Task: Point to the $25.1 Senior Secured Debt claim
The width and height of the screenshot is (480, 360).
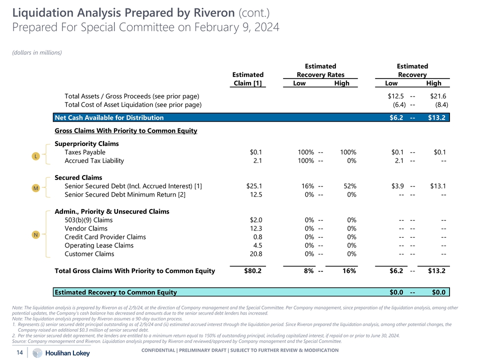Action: click(254, 186)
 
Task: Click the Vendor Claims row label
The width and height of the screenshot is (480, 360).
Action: click(86, 228)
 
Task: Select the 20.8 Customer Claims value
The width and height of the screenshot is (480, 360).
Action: click(255, 254)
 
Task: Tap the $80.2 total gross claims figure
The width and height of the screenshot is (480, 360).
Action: click(252, 271)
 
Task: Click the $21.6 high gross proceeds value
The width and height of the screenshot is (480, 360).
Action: click(438, 96)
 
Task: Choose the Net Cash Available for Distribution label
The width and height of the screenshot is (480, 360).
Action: click(109, 118)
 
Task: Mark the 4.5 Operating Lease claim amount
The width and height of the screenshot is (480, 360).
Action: click(257, 245)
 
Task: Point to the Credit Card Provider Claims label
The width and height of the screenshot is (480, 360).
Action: click(105, 237)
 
